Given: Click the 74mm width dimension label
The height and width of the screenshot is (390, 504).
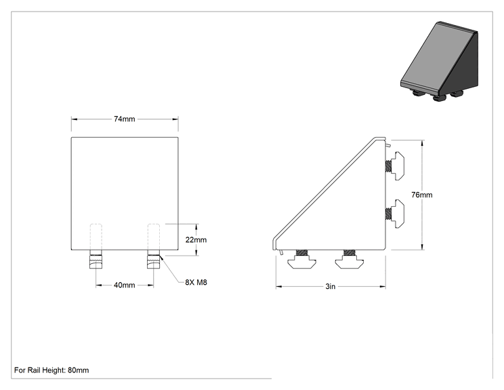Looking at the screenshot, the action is (x=125, y=119).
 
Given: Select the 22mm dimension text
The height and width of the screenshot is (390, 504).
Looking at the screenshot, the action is (x=196, y=239).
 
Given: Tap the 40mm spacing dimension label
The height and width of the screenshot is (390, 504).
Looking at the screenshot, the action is (x=125, y=285).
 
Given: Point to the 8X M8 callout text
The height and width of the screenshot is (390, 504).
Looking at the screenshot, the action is (x=196, y=282).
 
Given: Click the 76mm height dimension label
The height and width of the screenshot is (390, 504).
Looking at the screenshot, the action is (x=422, y=195).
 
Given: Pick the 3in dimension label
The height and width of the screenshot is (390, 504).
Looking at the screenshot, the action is (x=331, y=286).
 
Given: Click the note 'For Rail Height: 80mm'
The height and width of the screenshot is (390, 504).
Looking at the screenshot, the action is (x=51, y=370).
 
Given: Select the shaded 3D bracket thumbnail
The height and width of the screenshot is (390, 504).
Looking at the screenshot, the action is (x=439, y=62).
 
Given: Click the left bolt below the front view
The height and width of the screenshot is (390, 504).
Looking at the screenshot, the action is (x=96, y=259).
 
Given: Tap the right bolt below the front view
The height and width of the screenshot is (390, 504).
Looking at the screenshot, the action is (x=153, y=259).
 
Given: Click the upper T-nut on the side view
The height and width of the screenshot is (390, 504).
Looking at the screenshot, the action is (x=395, y=166).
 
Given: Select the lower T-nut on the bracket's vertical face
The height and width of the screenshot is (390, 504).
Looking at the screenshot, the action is (x=395, y=214).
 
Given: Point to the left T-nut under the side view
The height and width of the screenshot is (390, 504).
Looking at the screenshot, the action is (x=301, y=259).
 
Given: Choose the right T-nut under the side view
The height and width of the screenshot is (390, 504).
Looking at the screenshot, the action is (x=350, y=259).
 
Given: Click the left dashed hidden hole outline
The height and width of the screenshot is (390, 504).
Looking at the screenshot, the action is (x=96, y=237).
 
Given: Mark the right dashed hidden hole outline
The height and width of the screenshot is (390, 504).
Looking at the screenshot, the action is (x=153, y=237).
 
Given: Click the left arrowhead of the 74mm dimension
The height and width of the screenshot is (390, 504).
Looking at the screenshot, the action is (x=75, y=119).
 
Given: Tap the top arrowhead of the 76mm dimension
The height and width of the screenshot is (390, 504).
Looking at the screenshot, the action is (x=422, y=143).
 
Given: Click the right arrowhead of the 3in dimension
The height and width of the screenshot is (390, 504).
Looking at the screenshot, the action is (x=383, y=286).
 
